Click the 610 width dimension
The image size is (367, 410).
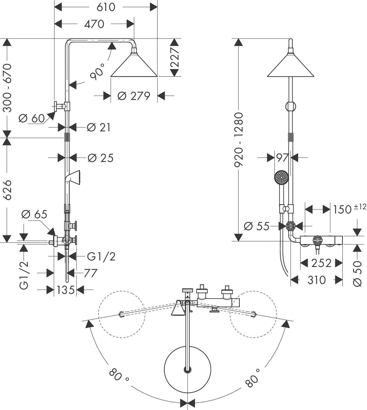(x=106, y=7)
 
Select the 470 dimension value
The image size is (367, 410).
(x=94, y=24)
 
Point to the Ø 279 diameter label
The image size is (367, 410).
(x=133, y=96)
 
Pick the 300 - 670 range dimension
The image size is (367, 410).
(x=7, y=87)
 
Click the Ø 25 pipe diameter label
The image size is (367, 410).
(x=100, y=158)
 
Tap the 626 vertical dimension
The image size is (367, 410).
(x=7, y=189)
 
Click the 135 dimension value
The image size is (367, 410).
(x=65, y=290)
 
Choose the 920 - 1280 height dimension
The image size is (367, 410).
(x=239, y=139)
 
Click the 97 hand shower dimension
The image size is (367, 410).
(x=283, y=158)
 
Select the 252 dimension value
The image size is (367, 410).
(x=321, y=263)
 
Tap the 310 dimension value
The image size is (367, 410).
(x=317, y=280)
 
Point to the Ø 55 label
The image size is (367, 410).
(x=256, y=226)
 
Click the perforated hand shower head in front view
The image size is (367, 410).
(x=281, y=177)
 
